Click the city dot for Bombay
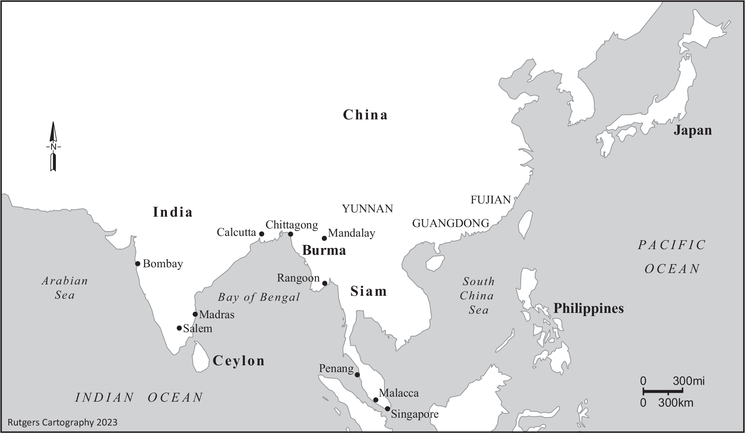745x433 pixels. click(x=138, y=264)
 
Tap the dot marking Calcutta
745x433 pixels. click(x=262, y=234)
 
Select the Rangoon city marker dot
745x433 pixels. click(x=325, y=283)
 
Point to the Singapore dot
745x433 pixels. click(x=387, y=409)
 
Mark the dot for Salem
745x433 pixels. click(x=179, y=328)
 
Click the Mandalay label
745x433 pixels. click(x=351, y=233)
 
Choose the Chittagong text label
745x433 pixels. click(x=292, y=225)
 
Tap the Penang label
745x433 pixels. click(x=336, y=368)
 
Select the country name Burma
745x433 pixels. click(x=324, y=251)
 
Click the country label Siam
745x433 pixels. click(x=368, y=292)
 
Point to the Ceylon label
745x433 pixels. click(x=238, y=361)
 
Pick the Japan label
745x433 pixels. click(x=692, y=130)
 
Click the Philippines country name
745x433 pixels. click(x=588, y=308)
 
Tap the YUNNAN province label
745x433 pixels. click(x=367, y=209)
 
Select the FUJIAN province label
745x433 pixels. click(x=490, y=200)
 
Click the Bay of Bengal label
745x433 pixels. click(x=259, y=297)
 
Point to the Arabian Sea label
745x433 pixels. click(x=65, y=288)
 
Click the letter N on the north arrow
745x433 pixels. click(x=53, y=147)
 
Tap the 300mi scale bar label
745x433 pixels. click(x=688, y=381)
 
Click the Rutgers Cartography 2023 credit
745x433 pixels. click(x=62, y=422)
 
